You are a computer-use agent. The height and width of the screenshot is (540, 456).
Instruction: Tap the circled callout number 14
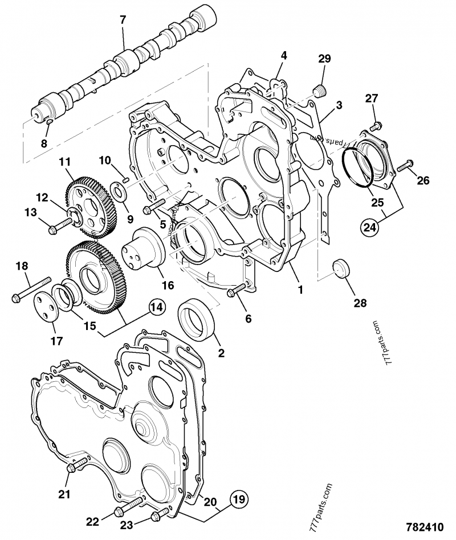click(x=157, y=308)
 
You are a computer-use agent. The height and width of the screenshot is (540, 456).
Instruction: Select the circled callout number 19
click(x=239, y=501)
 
